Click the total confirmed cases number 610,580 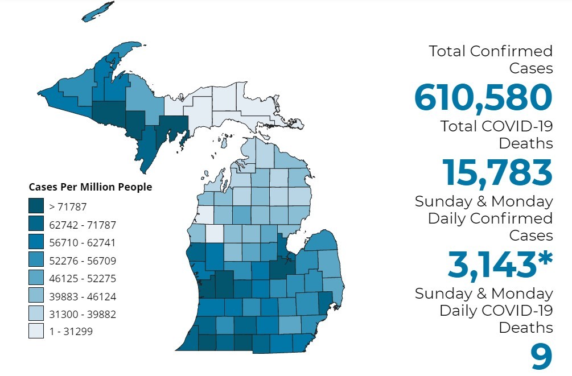point(483,97)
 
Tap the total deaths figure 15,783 point(497,172)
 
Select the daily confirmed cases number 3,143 point(491,265)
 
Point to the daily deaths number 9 point(541,357)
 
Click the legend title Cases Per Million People point(90,187)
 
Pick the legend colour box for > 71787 point(36,206)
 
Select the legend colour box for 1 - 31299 point(36,331)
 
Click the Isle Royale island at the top point(98,11)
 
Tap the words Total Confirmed point(491,51)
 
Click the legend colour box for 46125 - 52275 point(36,278)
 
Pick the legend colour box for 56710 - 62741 point(36,242)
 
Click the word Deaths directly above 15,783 point(525,143)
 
